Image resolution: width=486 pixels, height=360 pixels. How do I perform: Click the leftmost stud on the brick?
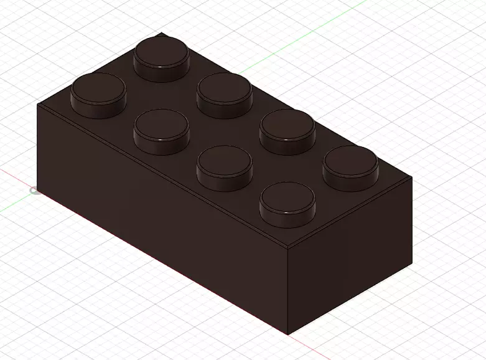click(98, 93)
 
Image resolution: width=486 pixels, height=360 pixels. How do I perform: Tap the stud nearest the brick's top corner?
click(162, 57)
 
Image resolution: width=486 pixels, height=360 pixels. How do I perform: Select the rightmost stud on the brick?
click(350, 167)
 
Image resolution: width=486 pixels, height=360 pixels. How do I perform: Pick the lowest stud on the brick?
click(287, 204)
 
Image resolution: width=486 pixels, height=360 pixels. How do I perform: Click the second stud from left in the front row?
click(162, 131)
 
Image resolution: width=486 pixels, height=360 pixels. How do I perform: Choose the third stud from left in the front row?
click(224, 167)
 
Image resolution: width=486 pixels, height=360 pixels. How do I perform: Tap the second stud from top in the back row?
click(225, 94)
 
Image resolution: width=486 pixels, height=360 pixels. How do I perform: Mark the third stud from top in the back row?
click(287, 131)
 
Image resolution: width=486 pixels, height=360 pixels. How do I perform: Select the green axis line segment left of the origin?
click(12, 203)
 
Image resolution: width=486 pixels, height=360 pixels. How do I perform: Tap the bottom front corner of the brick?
click(288, 334)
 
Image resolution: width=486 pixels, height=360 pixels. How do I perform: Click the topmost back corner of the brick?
click(162, 33)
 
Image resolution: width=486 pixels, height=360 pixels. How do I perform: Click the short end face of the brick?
click(350, 255)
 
